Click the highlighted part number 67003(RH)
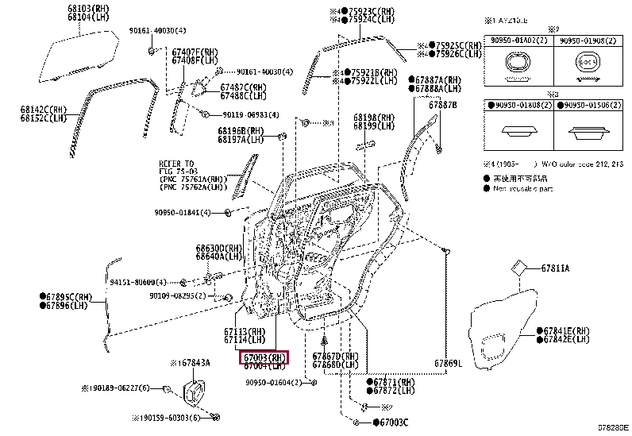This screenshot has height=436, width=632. (x=265, y=357)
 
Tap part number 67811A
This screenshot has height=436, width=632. (x=555, y=268)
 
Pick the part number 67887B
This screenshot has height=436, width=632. (x=443, y=105)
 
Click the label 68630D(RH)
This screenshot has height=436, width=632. (x=219, y=248)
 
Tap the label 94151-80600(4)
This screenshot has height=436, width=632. (x=138, y=282)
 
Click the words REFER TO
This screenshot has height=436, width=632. (x=175, y=163)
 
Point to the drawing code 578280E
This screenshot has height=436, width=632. (x=613, y=427)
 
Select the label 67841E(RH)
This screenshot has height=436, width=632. (x=566, y=330)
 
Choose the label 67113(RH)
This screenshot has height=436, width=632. (x=245, y=331)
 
